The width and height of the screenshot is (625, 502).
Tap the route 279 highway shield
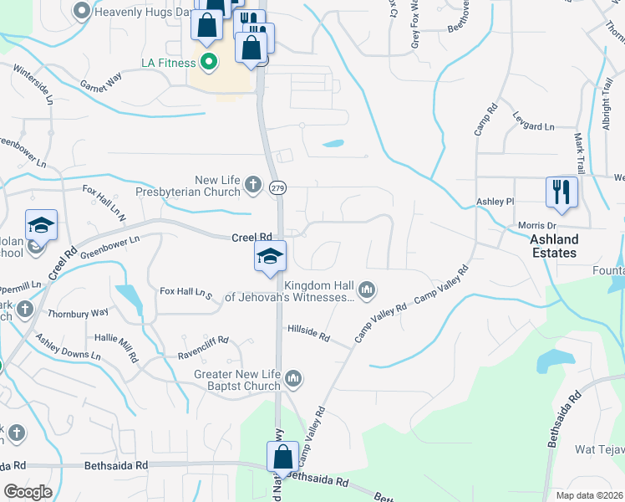tap(277, 189)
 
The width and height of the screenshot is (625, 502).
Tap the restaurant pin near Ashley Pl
tap(561, 192)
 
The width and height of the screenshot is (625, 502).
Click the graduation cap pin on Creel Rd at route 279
tap(270, 256)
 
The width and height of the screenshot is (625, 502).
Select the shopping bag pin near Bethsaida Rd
tap(282, 457)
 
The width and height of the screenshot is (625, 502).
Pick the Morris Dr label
tap(536, 226)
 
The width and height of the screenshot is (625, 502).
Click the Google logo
tap(28, 492)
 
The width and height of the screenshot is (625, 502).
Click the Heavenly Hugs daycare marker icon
tap(82, 12)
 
